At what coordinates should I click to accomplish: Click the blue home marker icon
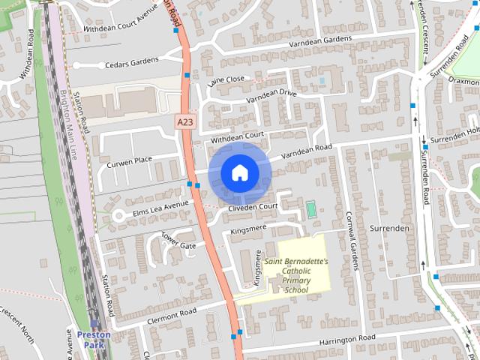tap(238, 172)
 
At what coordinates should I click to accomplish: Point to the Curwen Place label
tap(130, 160)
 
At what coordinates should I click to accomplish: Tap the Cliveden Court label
tap(254, 206)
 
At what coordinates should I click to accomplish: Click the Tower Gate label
tap(178, 240)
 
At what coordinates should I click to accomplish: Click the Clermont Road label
tap(172, 310)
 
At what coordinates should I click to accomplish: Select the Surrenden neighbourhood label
tap(389, 227)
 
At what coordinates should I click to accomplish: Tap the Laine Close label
tap(226, 79)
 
